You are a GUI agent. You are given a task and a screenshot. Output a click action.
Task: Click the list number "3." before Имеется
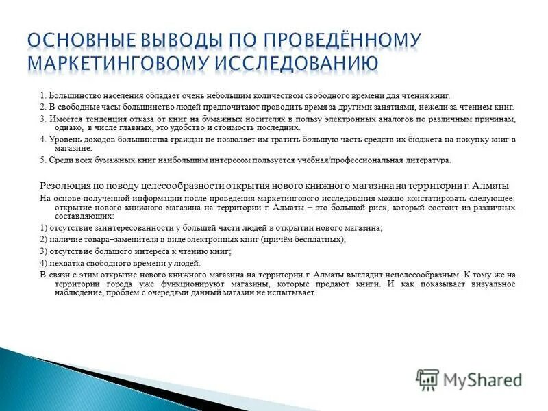(x=43, y=119)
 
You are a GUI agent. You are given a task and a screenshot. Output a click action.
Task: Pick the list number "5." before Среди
(x=43, y=160)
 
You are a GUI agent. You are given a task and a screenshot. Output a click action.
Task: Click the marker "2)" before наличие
(x=44, y=239)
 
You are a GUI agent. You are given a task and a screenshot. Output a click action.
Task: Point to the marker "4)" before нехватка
(x=44, y=263)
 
